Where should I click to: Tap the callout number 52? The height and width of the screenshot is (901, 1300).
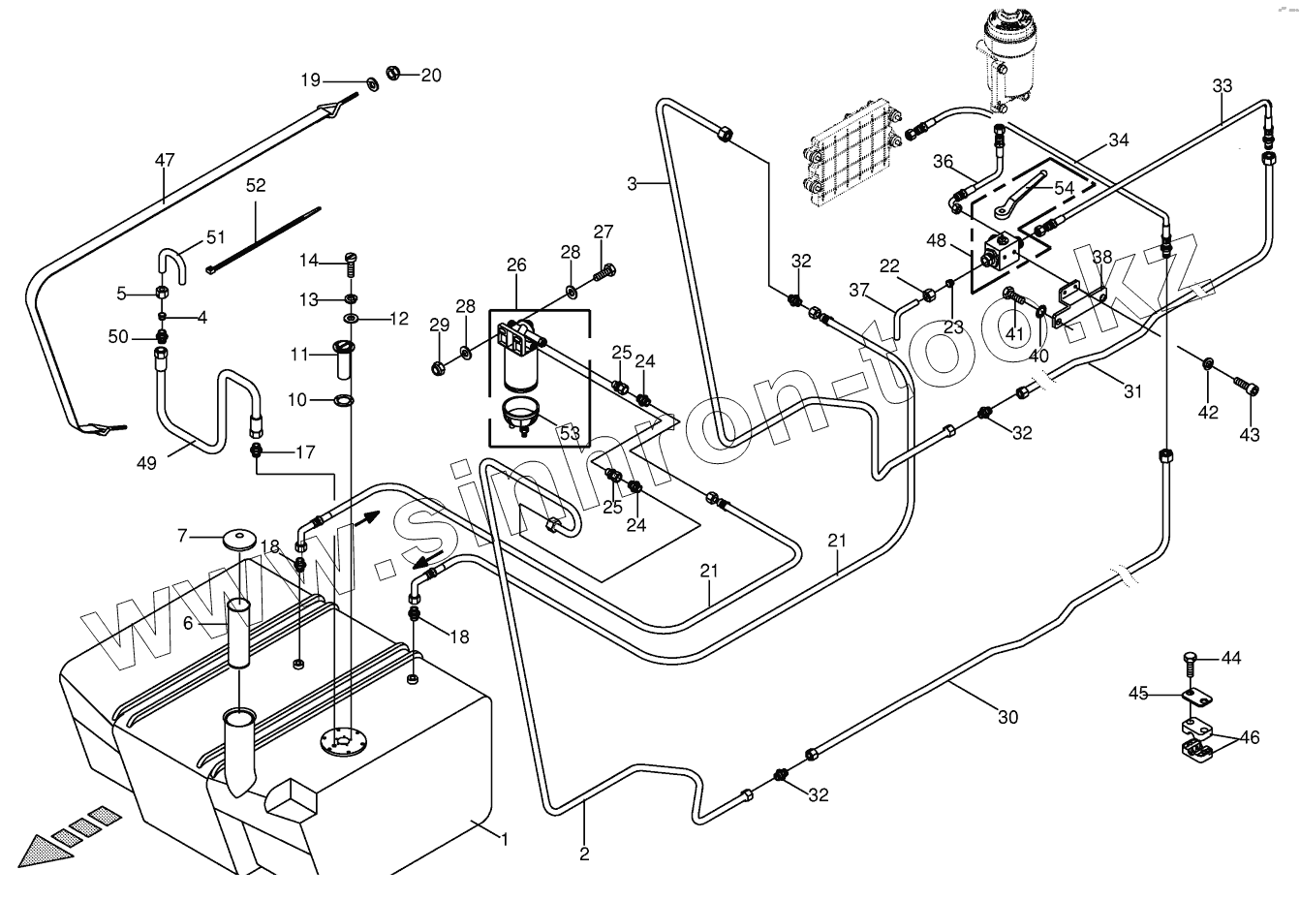(256, 185)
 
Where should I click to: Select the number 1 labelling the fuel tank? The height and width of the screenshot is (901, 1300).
(504, 839)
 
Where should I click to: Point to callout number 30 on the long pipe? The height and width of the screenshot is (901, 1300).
(1007, 718)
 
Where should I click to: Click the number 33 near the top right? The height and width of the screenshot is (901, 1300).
(1223, 86)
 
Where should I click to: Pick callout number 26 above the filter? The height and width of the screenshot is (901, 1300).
(516, 264)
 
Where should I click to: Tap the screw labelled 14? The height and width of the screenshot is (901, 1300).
(352, 260)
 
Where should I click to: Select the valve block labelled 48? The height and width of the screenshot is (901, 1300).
(999, 252)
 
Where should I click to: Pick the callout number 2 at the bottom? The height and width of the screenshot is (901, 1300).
(584, 854)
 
